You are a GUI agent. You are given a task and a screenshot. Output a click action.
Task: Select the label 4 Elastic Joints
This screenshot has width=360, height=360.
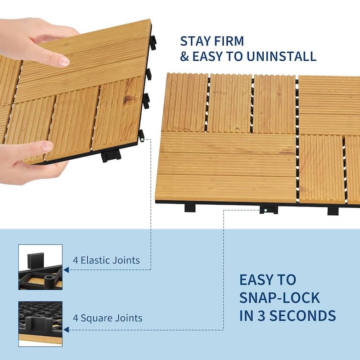(x=106, y=260)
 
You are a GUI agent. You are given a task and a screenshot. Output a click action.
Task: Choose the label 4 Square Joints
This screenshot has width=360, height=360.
(x=108, y=318)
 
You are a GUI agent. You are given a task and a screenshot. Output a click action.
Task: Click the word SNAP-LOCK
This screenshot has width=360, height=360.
(x=279, y=297)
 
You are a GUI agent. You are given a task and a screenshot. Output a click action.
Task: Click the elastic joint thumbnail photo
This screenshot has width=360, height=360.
(x=40, y=267)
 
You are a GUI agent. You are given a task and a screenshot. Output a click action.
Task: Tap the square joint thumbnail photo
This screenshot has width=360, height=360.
(x=40, y=323)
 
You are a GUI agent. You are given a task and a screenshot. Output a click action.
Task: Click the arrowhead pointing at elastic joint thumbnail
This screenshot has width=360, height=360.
(x=66, y=270)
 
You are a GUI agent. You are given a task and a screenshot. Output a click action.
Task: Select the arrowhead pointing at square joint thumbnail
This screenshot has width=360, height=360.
(x=66, y=329)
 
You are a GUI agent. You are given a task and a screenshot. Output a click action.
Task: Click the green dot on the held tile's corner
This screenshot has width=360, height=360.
(x=142, y=139)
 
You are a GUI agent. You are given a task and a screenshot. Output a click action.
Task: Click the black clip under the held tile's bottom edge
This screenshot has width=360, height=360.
(x=111, y=156)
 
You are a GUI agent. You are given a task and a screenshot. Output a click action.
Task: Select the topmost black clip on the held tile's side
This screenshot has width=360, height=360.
(x=153, y=42)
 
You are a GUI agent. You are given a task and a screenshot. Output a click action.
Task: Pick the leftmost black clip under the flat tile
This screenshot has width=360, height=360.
(x=190, y=207)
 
